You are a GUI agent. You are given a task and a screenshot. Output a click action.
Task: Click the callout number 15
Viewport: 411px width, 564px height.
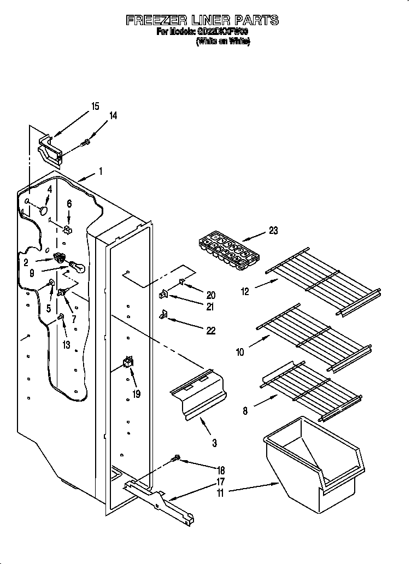95,107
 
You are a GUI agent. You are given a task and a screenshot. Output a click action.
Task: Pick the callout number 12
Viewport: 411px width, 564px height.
245,292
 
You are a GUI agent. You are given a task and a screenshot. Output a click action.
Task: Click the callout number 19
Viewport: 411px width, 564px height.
136,393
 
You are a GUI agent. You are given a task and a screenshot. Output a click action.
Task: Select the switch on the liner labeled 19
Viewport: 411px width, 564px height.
128,362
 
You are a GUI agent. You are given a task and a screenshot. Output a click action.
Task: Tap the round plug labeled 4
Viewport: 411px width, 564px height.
44,209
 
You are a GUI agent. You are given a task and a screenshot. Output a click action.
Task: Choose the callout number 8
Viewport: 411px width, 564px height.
245,411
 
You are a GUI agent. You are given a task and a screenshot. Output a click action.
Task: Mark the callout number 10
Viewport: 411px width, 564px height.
240,352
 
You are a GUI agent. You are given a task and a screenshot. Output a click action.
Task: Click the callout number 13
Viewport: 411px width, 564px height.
66,344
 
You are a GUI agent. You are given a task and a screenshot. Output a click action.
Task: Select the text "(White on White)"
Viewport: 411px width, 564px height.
223,42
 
